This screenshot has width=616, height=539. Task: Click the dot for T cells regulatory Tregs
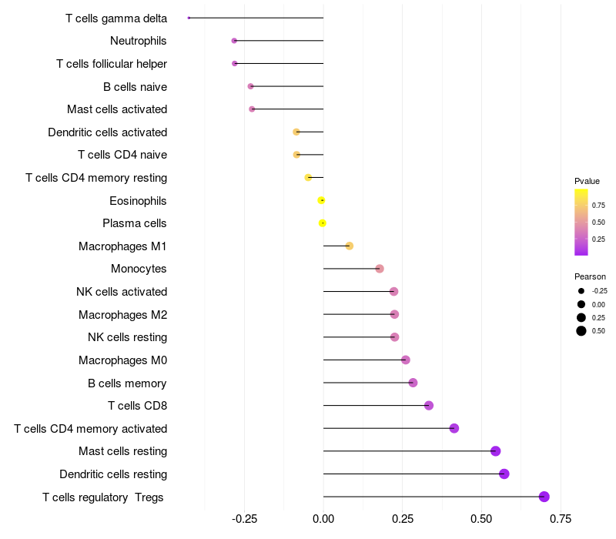544,497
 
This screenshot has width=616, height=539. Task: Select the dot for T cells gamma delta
189,18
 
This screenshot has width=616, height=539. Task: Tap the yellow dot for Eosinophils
321,200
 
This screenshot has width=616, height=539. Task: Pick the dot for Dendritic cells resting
504,474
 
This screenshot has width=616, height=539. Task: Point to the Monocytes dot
379,269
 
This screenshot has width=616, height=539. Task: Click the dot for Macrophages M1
349,246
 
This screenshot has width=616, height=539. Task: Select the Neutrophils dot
234,40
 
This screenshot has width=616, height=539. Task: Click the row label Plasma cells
134,223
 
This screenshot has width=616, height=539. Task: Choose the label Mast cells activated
117,109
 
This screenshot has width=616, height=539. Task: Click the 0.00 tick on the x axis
323,519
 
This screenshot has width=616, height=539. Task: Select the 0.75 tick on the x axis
560,519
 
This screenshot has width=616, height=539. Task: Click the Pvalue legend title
587,181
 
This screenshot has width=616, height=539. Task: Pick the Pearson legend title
590,276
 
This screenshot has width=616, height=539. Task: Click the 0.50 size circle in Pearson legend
581,331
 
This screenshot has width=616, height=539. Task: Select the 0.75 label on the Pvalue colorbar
598,205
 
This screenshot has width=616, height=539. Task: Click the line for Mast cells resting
408,451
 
